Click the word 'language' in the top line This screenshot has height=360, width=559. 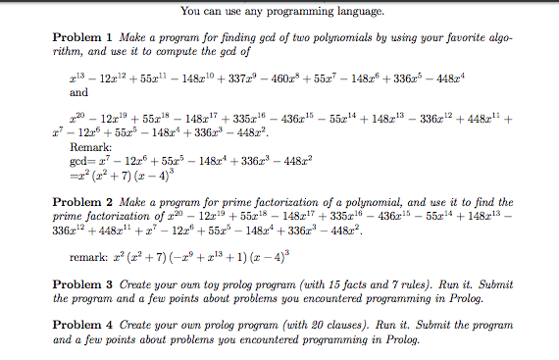tap(356, 12)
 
